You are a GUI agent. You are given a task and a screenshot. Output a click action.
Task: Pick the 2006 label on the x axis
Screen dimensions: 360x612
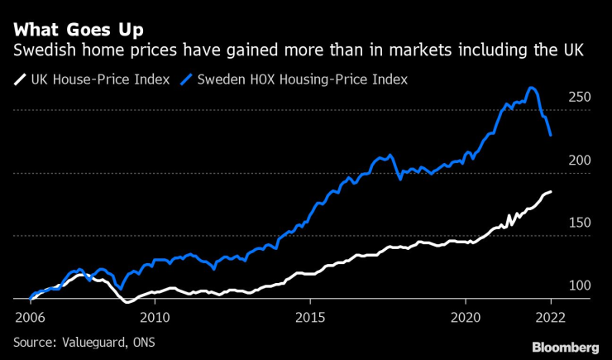30,317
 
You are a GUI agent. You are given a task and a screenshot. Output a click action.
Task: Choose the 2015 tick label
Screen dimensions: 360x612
310,317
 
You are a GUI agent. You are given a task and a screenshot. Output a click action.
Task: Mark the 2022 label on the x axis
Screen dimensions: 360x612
549,317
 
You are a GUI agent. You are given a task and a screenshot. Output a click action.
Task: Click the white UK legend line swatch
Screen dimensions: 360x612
19,79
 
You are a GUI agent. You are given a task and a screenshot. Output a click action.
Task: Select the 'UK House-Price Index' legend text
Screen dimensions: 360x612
100,79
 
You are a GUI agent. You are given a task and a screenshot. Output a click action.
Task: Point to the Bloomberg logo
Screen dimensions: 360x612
565,346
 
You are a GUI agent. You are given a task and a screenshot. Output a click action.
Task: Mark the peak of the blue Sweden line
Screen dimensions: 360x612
532,88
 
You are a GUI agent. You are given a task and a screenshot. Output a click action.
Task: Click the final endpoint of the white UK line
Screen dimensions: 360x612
552,192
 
